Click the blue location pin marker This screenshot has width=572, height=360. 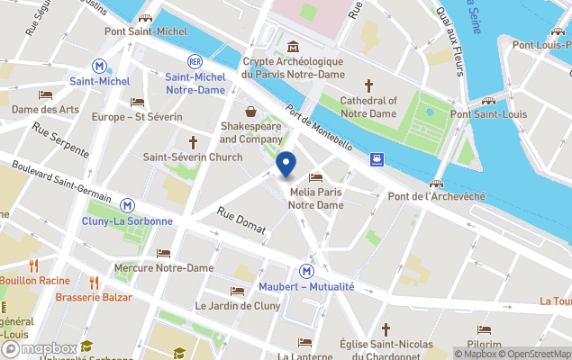286,166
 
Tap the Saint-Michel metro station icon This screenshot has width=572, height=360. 100,66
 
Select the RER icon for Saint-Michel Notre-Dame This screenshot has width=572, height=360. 195,61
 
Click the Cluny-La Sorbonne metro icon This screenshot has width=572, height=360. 129,205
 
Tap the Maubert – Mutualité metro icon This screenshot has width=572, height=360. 307,271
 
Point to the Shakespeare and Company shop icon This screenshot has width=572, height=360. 250,112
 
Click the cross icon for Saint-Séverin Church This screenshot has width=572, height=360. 193,142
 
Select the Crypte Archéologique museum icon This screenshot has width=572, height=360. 293,47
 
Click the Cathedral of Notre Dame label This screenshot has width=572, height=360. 368,108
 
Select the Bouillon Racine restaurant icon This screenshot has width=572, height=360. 34,265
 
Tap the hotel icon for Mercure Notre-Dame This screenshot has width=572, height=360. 163,253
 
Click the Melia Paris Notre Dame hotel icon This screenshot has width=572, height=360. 315,177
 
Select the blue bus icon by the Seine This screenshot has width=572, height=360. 377,160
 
